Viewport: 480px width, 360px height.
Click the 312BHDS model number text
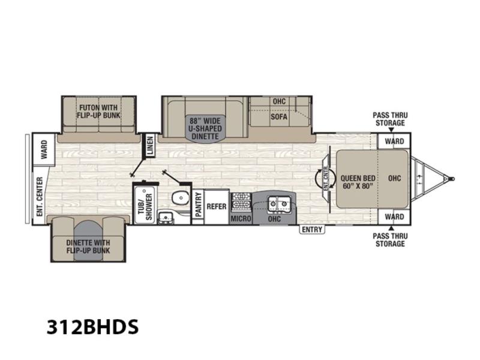[92, 326]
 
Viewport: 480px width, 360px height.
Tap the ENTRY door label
[312, 230]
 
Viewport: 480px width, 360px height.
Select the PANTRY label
[199, 204]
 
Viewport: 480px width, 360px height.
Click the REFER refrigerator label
[217, 206]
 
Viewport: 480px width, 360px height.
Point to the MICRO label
[241, 218]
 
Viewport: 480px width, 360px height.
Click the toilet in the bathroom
[180, 198]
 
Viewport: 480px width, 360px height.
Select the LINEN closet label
[149, 145]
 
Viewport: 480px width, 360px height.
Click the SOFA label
[279, 116]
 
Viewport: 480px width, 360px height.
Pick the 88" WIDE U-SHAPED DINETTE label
[205, 128]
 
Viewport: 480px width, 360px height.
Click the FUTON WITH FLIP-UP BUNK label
[98, 112]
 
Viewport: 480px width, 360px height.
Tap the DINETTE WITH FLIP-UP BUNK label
[88, 247]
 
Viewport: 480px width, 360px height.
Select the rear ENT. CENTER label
[40, 197]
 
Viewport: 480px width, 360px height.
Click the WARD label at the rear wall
[44, 149]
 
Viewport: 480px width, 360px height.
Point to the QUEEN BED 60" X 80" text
[358, 182]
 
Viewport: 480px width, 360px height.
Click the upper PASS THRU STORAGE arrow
[391, 130]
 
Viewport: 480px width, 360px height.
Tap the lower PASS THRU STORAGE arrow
[391, 228]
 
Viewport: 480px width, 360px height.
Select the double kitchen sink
[278, 203]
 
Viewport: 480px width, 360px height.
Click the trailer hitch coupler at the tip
[451, 178]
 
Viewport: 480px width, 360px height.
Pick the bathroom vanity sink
[166, 217]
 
